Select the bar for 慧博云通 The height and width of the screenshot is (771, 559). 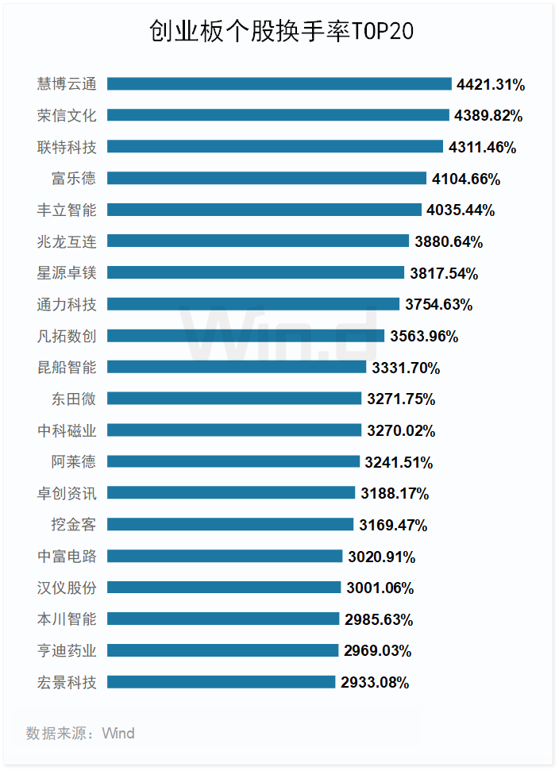pyautogui.click(x=279, y=84)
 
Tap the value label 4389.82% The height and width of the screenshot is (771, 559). pyautogui.click(x=488, y=116)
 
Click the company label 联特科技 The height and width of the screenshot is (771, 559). pyautogui.click(x=67, y=147)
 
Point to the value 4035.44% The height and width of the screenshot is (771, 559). pyautogui.click(x=461, y=210)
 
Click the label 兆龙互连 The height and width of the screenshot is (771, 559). pyautogui.click(x=67, y=241)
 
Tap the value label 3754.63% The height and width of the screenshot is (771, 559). pyautogui.click(x=438, y=304)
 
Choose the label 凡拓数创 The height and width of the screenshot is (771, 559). pyautogui.click(x=67, y=336)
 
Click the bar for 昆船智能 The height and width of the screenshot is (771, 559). pyautogui.click(x=237, y=367)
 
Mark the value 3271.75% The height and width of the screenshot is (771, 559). pyautogui.click(x=401, y=399)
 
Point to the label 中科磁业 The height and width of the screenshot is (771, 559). pyautogui.click(x=67, y=430)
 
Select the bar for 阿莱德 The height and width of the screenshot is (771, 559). pyautogui.click(x=233, y=461)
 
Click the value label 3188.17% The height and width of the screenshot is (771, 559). pyautogui.click(x=395, y=493)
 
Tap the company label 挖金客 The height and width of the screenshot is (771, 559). pyautogui.click(x=74, y=524)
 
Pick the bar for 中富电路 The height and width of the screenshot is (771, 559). pyautogui.click(x=225, y=556)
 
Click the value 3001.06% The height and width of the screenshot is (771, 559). pyautogui.click(x=380, y=588)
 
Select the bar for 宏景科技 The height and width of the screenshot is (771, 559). pyautogui.click(x=221, y=681)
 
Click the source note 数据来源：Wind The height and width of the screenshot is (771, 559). pyautogui.click(x=80, y=733)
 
